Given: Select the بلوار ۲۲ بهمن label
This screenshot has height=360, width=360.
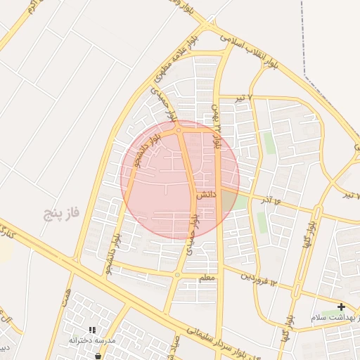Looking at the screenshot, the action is tap(217, 127).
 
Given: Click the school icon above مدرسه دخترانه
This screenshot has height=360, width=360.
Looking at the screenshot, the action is tap(92, 329).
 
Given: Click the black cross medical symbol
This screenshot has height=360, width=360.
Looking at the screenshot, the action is tap(341, 307).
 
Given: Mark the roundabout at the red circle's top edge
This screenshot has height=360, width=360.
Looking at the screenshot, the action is tap(179, 129).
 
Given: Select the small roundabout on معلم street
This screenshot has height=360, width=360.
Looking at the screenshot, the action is tap(177, 275).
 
